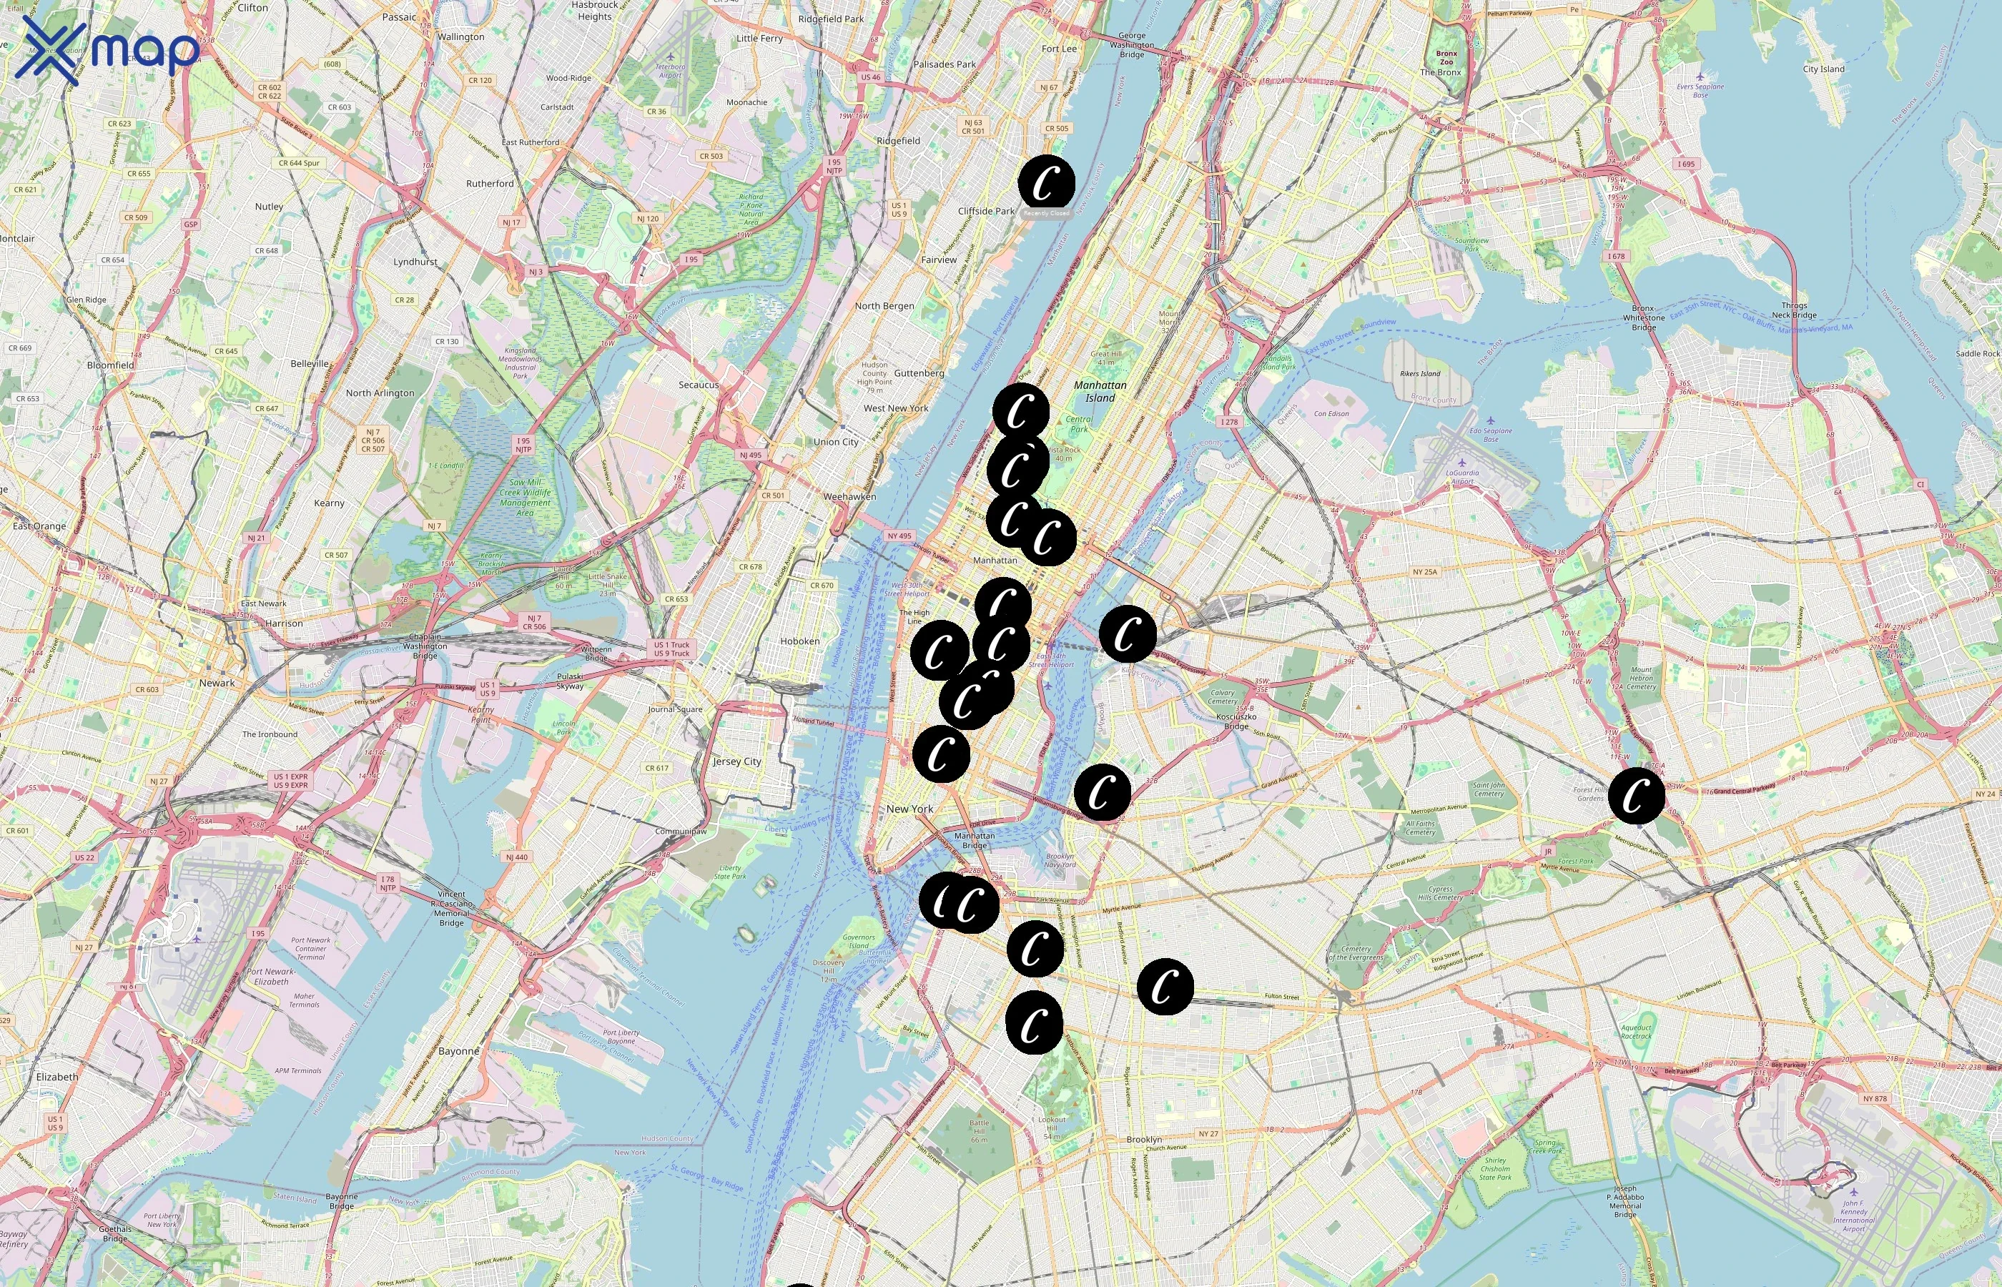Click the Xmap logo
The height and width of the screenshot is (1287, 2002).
click(107, 51)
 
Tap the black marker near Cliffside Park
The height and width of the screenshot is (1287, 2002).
click(1046, 182)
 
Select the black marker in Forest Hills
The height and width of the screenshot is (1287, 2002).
click(1636, 796)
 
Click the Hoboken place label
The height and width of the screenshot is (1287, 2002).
click(799, 641)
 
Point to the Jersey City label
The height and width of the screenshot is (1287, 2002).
click(736, 761)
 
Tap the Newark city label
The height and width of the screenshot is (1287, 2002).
click(217, 683)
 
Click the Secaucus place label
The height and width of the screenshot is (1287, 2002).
click(698, 385)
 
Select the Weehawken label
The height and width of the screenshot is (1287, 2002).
click(849, 496)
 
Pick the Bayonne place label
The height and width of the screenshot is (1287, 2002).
click(459, 1051)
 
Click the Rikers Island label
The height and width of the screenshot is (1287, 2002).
click(1419, 373)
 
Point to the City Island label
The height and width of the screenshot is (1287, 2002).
click(1823, 69)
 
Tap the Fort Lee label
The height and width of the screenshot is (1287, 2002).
click(1059, 49)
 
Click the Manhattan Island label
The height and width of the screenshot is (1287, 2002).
click(1100, 391)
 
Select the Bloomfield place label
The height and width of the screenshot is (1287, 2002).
click(110, 365)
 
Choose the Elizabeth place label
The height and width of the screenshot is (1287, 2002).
click(56, 1076)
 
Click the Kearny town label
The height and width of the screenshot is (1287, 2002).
click(329, 503)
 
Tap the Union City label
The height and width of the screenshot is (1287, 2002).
click(836, 442)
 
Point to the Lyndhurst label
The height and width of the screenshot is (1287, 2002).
click(415, 262)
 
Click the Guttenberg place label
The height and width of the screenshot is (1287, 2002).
click(918, 373)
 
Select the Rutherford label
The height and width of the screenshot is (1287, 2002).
click(490, 183)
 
